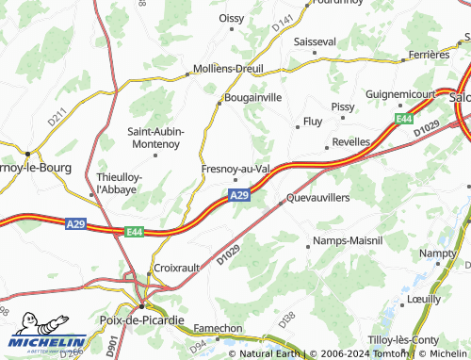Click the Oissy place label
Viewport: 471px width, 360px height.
231,17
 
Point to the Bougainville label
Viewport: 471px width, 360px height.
251,97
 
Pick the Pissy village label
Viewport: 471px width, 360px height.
343,107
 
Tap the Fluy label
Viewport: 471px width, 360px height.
311,123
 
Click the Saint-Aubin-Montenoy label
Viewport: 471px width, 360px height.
155,137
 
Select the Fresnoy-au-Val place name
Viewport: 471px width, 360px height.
236,169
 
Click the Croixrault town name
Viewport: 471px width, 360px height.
176,268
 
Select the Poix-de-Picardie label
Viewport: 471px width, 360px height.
142,320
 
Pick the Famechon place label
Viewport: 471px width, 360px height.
218,329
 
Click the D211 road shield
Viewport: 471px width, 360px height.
58,122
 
